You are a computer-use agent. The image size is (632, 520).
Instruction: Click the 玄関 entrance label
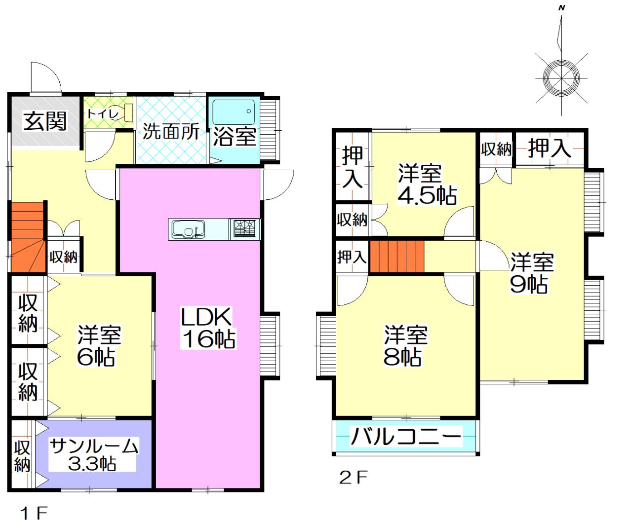pos(45,121)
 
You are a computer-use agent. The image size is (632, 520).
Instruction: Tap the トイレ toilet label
pos(103,114)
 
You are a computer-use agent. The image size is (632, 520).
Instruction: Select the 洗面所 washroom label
pos(171,132)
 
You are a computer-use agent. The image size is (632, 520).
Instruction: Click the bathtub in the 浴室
pos(234,111)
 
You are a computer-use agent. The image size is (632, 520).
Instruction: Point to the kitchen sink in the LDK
pos(188,229)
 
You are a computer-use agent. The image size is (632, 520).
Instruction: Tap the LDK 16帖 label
pos(208,328)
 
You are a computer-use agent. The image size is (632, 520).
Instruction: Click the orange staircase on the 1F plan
pos(28,237)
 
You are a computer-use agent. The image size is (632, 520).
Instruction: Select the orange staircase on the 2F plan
pos(397,256)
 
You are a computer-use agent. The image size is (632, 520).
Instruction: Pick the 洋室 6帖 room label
pos(99,346)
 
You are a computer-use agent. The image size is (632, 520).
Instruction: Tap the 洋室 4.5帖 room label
pos(427,184)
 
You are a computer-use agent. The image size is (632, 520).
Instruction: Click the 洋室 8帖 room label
pos(405,346)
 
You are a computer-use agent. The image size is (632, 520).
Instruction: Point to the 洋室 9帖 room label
pos(532,273)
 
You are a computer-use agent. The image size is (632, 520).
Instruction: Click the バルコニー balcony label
pos(406,436)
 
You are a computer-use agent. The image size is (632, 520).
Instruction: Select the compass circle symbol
pos(561,78)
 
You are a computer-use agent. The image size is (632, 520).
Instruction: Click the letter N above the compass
pos(562,8)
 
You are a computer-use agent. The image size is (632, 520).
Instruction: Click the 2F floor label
pos(353,478)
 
